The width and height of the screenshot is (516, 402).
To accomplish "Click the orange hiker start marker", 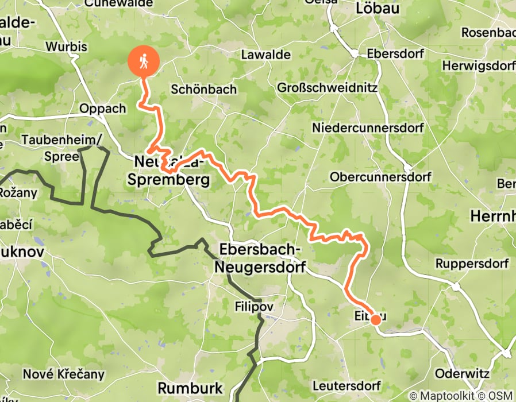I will click(x=144, y=61).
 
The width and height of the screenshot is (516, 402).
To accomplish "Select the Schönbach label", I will click(x=204, y=90).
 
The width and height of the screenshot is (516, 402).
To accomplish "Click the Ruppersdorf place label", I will click(x=472, y=264).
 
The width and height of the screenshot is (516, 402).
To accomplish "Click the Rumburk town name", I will click(x=190, y=388).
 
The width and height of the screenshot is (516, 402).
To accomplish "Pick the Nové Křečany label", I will click(x=64, y=374).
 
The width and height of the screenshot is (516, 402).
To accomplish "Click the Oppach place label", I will click(x=103, y=109).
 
